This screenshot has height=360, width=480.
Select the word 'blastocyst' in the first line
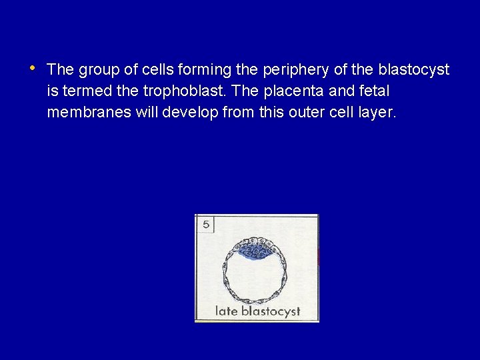point(414,69)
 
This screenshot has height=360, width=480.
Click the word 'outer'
point(304,113)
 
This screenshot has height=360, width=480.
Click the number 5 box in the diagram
point(205,225)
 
